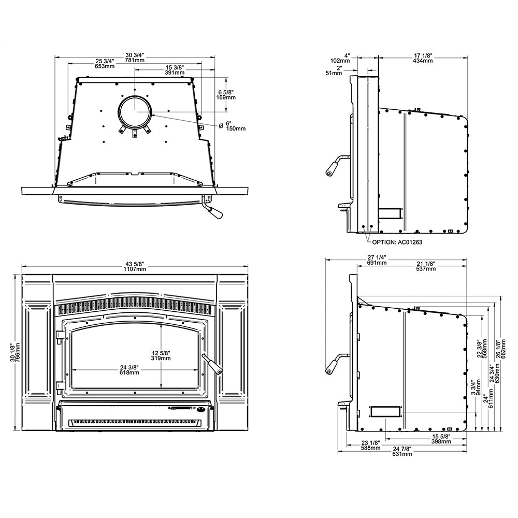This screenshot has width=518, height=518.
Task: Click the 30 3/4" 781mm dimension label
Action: tap(135, 58)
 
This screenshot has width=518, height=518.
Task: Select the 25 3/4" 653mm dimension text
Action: tap(105, 64)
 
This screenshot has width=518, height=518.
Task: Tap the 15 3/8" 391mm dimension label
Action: tap(175, 70)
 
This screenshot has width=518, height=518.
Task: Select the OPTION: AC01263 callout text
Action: tap(396, 242)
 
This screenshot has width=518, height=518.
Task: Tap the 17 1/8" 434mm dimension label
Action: tap(423, 58)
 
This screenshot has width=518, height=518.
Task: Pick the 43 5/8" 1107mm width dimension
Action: tap(135, 267)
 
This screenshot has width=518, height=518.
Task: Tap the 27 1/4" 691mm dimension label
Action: tap(377, 260)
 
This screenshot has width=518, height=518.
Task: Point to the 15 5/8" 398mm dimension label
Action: tap(440, 439)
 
